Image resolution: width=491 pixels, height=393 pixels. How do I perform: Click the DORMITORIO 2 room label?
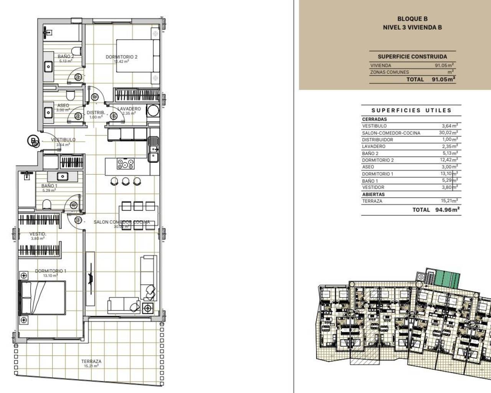click(x=121, y=57)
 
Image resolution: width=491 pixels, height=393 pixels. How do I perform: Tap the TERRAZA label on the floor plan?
click(x=91, y=361)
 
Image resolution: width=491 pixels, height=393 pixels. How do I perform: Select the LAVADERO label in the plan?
click(x=129, y=109)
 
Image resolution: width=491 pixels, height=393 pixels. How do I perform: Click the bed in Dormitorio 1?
click(x=43, y=298)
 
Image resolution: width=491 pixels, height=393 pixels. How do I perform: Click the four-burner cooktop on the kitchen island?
click(x=125, y=164)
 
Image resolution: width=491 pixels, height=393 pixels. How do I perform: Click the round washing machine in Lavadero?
click(x=153, y=111)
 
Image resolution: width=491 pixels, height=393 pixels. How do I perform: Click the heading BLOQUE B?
click(x=412, y=18)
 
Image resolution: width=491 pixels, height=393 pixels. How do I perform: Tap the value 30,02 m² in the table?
click(x=449, y=133)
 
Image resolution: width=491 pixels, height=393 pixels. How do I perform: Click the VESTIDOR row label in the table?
click(x=373, y=187)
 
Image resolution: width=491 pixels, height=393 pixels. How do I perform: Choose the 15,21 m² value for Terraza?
click(x=449, y=201)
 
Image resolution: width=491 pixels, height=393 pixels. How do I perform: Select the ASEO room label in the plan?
click(x=63, y=105)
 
